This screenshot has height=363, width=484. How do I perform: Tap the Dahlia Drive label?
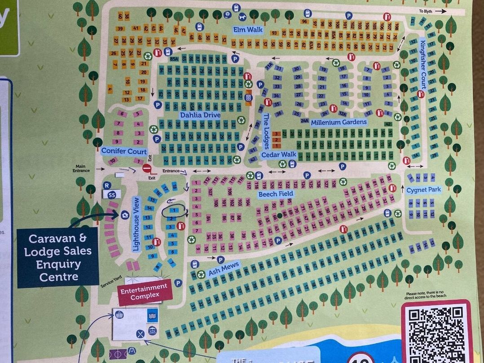pos(200,115)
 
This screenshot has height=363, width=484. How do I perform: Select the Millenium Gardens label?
pos(339,122)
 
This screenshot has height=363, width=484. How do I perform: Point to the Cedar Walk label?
pos(279,155)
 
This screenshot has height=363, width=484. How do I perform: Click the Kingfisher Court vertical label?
pos(422,64)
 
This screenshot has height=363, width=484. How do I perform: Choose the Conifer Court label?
pos(124,151)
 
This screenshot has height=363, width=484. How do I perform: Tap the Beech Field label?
pos(276,194)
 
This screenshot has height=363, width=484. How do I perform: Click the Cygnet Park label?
pos(423,190)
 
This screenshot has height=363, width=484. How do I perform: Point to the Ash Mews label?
pos(224,269)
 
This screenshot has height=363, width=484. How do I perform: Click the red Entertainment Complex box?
pos(145,292)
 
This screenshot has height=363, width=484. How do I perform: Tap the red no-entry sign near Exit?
pos(147,168)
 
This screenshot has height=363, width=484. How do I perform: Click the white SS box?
pos(112,194)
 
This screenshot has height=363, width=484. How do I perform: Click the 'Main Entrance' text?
pos(81,168)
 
